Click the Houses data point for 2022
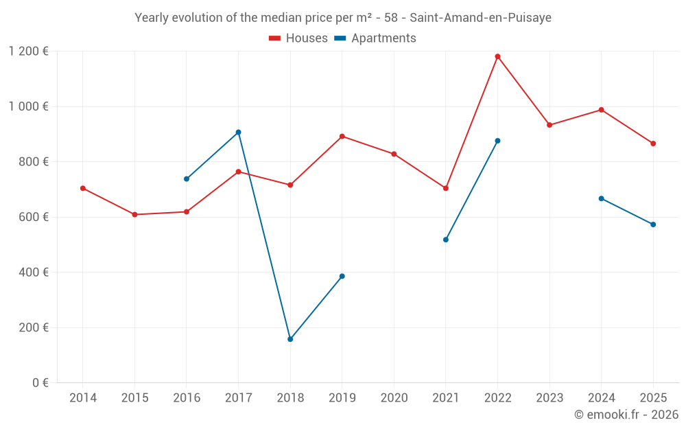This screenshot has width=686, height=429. [497, 56]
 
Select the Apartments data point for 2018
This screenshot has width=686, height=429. [290, 339]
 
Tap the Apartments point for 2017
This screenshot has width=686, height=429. [238, 132]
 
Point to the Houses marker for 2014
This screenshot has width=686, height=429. [83, 188]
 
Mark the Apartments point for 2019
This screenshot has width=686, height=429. [342, 276]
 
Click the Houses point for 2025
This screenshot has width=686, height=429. [653, 143]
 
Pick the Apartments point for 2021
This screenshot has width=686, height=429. [446, 240]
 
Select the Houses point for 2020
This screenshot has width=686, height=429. [394, 154]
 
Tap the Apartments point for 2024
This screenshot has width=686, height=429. [601, 198]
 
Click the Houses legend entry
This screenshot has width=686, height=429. [298, 38]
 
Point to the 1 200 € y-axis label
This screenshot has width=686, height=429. [28, 51]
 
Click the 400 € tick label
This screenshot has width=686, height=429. [35, 273]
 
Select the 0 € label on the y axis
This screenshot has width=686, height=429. [40, 383]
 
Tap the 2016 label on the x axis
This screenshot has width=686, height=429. [187, 398]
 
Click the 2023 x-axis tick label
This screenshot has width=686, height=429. [549, 398]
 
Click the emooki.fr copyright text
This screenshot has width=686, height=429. [626, 415]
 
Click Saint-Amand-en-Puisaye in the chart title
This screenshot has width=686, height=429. [480, 18]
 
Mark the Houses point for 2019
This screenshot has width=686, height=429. [342, 136]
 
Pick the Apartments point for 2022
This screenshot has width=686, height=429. [497, 141]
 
